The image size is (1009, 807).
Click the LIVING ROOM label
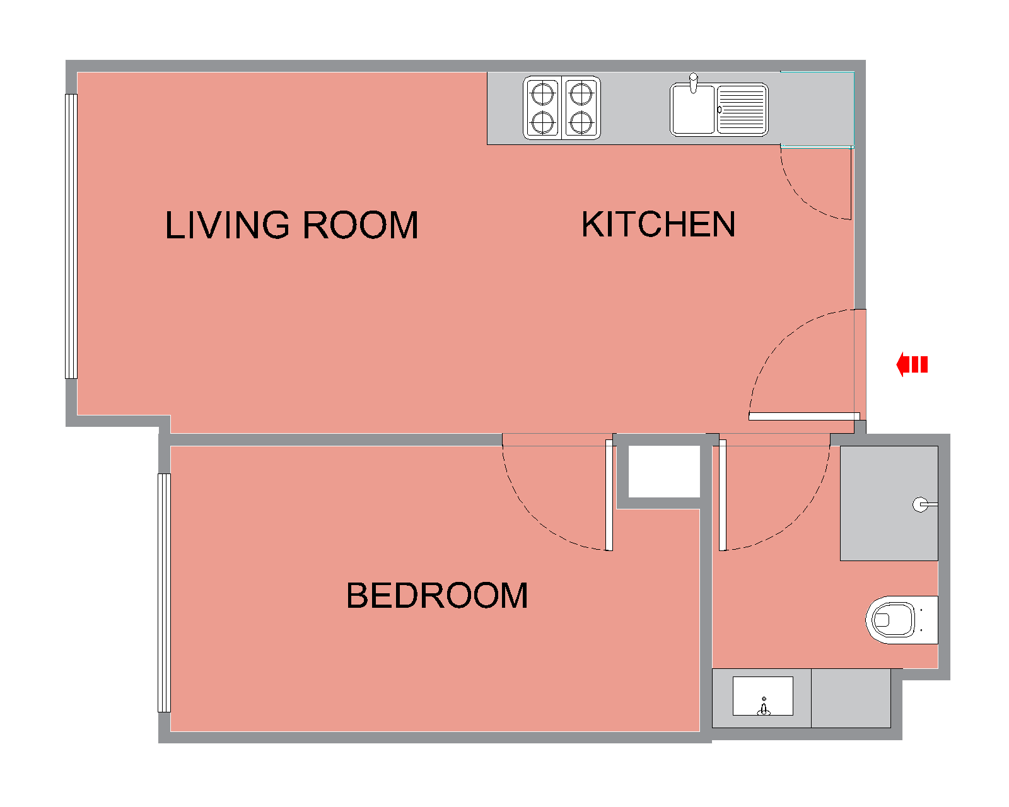pyautogui.click(x=291, y=224)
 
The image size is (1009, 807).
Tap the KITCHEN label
pyautogui.click(x=658, y=224)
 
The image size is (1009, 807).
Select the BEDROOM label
pyautogui.click(x=437, y=595)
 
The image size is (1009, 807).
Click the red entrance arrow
pyautogui.click(x=911, y=364)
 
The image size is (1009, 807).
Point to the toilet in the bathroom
pyautogui.click(x=901, y=620)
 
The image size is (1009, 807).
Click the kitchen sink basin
pyautogui.click(x=692, y=110)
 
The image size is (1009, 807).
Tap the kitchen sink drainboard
pyautogui.click(x=742, y=110)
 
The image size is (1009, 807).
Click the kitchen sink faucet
pyautogui.click(x=694, y=83)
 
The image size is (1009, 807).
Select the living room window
pyautogui.click(x=71, y=236)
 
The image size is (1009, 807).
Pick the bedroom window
pyautogui.click(x=164, y=593)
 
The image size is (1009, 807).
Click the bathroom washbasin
pyautogui.click(x=763, y=696)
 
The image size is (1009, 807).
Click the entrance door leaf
pyautogui.click(x=804, y=416)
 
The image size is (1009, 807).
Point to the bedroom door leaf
pyautogui.click(x=609, y=495)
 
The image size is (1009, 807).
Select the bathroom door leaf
pyautogui.click(x=723, y=495)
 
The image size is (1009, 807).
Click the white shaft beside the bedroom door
pyautogui.click(x=664, y=471)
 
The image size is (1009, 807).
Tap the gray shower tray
pyautogui.click(x=889, y=503)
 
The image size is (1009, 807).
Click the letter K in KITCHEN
pyautogui.click(x=593, y=224)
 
